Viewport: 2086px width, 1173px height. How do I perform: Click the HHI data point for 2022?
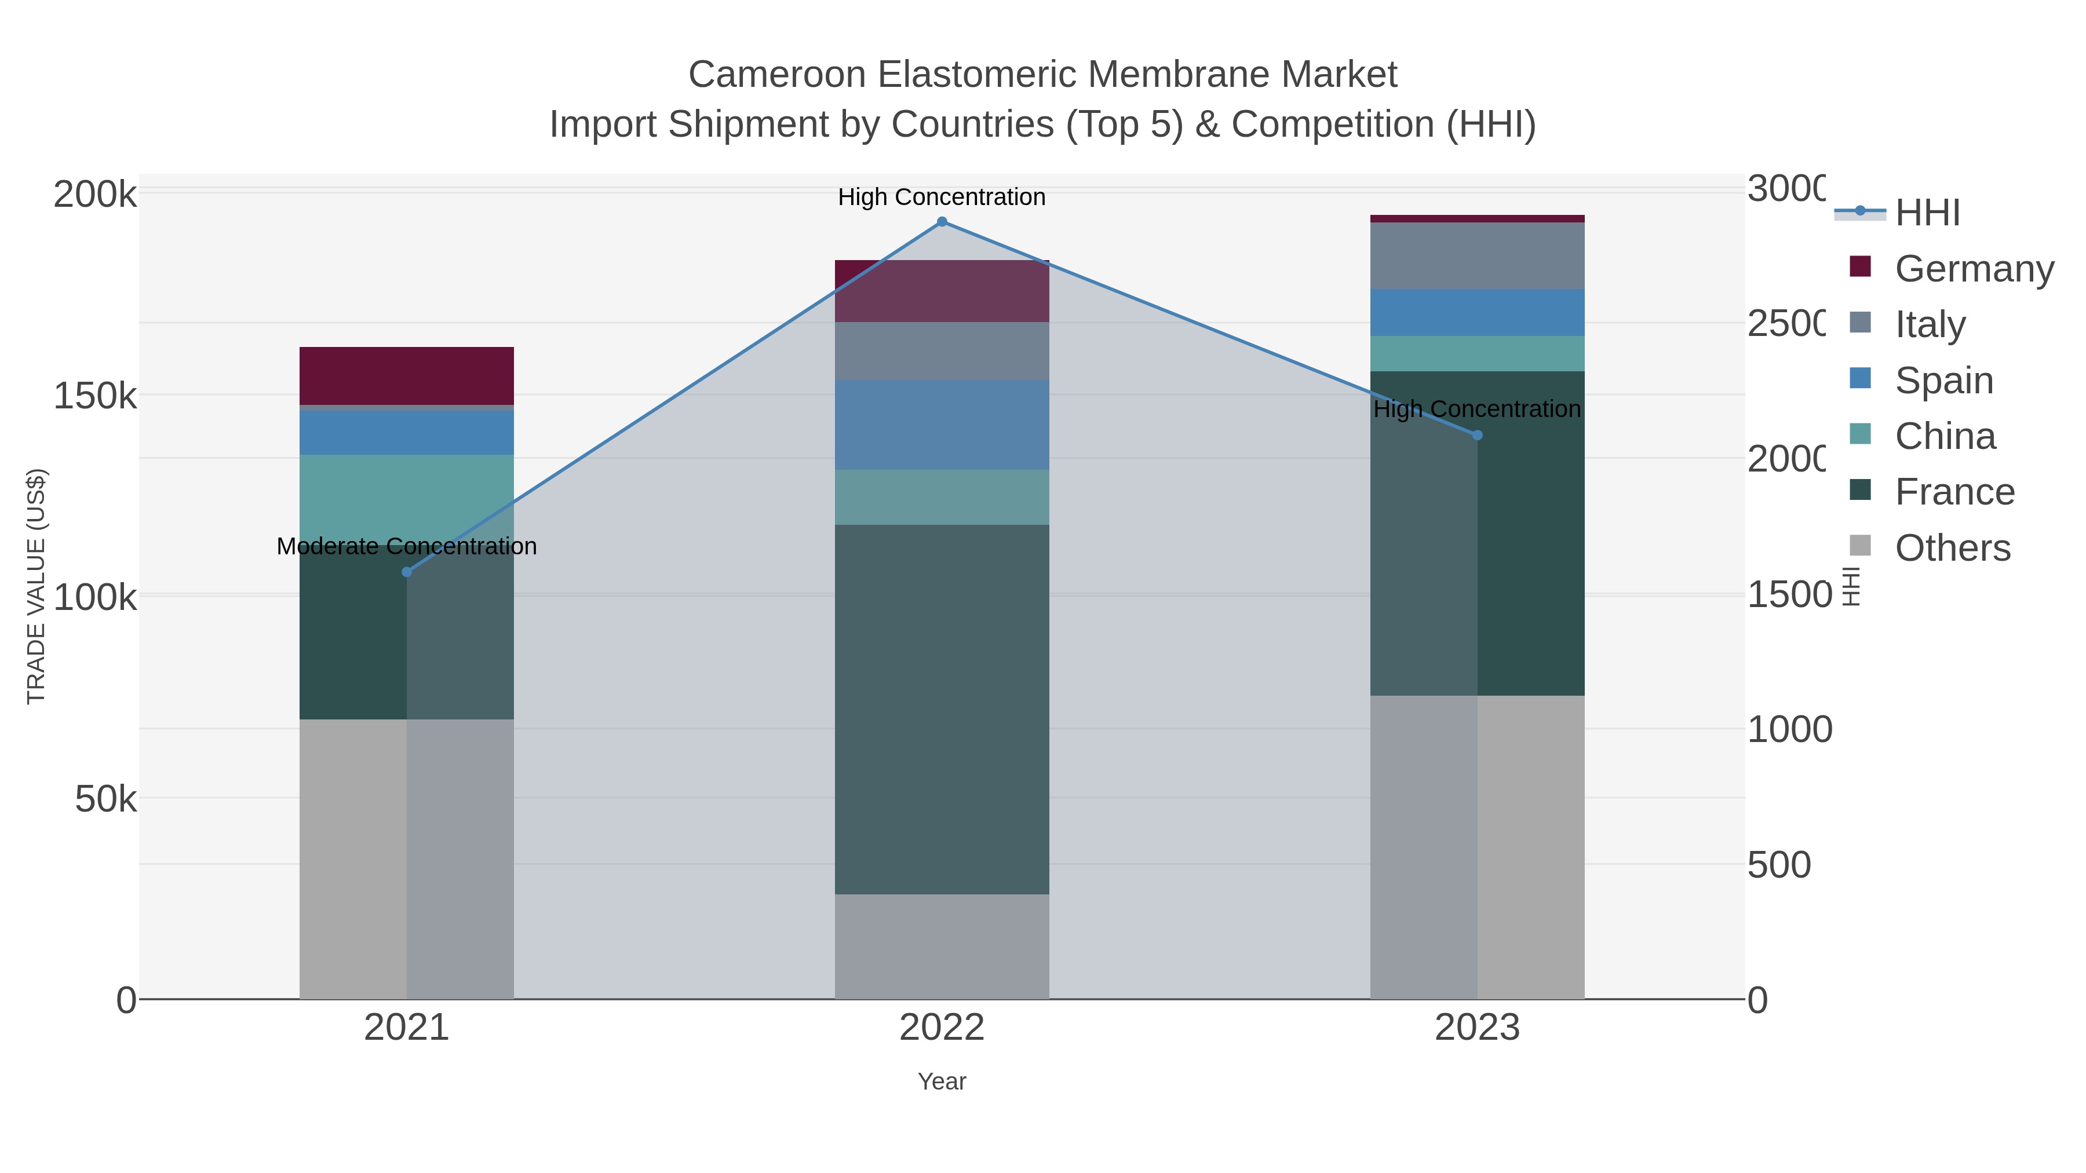(x=942, y=222)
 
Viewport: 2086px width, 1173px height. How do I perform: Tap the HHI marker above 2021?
(x=407, y=572)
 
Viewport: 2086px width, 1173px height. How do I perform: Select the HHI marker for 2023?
(x=1477, y=436)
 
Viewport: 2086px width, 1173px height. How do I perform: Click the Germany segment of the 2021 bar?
(x=407, y=375)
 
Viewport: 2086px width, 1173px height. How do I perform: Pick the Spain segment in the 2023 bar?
(x=1477, y=312)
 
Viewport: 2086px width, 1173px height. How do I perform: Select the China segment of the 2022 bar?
(x=942, y=497)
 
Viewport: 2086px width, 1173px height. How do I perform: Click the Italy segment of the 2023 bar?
(x=1477, y=256)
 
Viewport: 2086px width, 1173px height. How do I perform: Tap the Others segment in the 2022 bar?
(x=942, y=947)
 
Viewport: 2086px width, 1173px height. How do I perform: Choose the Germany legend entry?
(x=1974, y=268)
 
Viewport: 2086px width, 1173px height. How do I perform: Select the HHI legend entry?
(x=1927, y=213)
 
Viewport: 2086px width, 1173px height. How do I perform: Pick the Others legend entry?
(x=1952, y=548)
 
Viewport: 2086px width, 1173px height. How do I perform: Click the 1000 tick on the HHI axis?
(x=1789, y=729)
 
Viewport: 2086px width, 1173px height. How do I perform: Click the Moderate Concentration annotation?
(x=407, y=546)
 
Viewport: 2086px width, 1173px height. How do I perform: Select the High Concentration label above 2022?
(x=942, y=197)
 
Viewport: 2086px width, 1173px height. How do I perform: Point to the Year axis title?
(x=942, y=1081)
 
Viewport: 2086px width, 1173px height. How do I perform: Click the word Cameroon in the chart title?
(x=778, y=75)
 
